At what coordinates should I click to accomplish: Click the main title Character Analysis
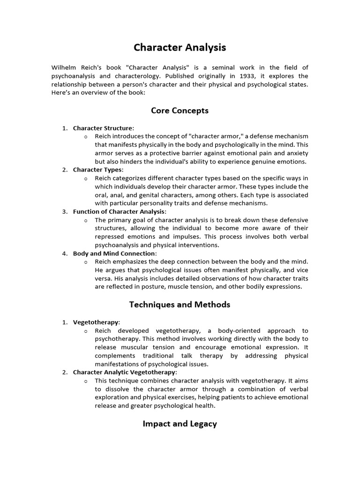pyautogui.click(x=180, y=47)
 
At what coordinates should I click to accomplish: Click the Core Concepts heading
pyautogui.click(x=180, y=111)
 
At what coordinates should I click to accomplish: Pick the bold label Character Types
pyautogui.click(x=97, y=170)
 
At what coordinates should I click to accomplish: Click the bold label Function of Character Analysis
pyautogui.click(x=119, y=211)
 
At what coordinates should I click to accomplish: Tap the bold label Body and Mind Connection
pyautogui.click(x=114, y=254)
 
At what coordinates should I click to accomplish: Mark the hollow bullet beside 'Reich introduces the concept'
pyautogui.click(x=86, y=136)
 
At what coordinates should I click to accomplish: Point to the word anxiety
pyautogui.click(x=296, y=153)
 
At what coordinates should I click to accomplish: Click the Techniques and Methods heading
pyautogui.click(x=180, y=305)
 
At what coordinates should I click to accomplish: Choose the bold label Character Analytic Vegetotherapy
pyautogui.click(x=124, y=372)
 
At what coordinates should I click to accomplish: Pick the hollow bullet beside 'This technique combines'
pyautogui.click(x=86, y=381)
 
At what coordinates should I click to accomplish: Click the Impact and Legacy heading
pyautogui.click(x=180, y=424)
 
